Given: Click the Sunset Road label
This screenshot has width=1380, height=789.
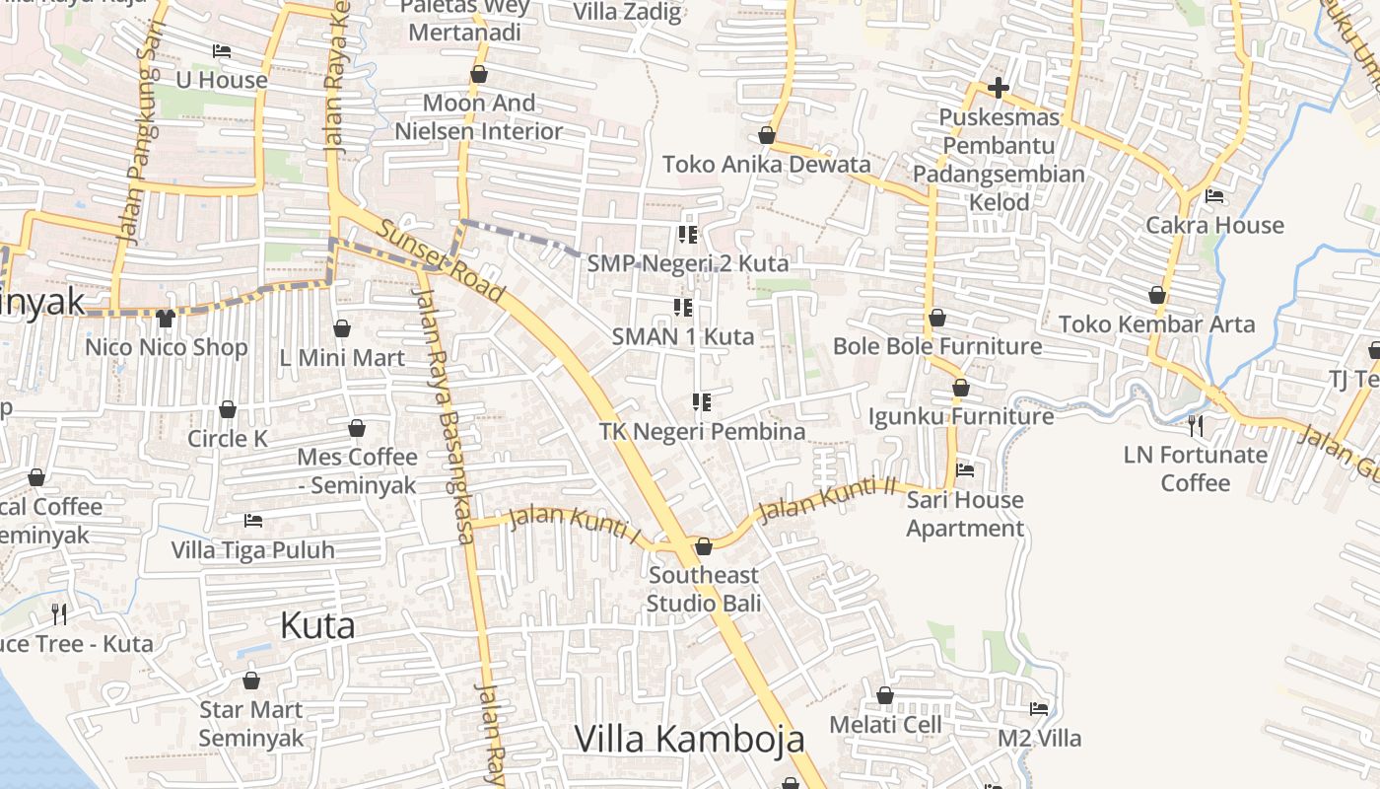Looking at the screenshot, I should click(x=441, y=261).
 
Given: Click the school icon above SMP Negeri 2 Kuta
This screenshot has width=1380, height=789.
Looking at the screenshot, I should click(x=688, y=235).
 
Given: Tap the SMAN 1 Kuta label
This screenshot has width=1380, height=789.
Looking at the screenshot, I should click(x=682, y=336).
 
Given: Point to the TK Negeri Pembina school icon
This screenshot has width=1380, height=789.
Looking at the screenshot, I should click(x=702, y=402).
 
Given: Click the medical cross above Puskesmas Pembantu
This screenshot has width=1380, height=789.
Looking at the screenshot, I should click(x=999, y=89).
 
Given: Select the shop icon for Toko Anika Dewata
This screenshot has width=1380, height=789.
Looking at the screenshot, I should click(x=767, y=135).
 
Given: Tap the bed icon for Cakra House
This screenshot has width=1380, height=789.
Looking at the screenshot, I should click(x=1214, y=196).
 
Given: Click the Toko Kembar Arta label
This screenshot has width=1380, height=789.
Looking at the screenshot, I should click(x=1156, y=323).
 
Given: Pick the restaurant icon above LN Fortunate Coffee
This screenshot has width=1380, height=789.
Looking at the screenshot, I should click(x=1195, y=426).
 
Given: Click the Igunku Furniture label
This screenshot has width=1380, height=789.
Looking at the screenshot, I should click(x=960, y=416).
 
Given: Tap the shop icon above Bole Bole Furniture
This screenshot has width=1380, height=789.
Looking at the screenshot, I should click(x=937, y=318).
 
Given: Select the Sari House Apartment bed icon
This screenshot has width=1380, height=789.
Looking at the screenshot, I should click(x=965, y=470).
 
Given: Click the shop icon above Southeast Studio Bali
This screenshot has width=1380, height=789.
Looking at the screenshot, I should click(x=703, y=546).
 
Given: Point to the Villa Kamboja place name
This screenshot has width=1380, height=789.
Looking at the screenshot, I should click(x=689, y=739).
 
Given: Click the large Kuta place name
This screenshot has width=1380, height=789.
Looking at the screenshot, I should click(x=317, y=625).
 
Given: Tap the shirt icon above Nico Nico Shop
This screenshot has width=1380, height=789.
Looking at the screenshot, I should click(x=166, y=318).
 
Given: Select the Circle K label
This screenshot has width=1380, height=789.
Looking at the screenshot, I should click(x=228, y=439).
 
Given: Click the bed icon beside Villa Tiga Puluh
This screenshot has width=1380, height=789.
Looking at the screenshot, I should click(x=253, y=520).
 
